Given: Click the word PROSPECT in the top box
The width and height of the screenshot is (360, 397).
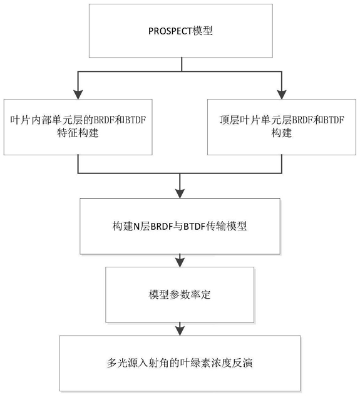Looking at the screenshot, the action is click(x=170, y=31).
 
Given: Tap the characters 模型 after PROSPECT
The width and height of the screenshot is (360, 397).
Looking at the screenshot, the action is click(x=202, y=31).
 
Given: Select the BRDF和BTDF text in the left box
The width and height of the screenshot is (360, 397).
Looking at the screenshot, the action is click(x=120, y=120).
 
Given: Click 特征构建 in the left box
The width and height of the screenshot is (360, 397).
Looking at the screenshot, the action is click(x=78, y=133).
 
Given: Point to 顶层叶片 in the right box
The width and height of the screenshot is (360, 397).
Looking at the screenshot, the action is click(x=240, y=120).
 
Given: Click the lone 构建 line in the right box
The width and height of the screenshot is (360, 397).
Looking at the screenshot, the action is click(x=282, y=133).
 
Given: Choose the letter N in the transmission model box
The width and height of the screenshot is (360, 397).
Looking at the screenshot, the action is click(x=136, y=226).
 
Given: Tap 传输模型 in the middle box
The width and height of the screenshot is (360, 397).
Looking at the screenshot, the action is click(x=226, y=226).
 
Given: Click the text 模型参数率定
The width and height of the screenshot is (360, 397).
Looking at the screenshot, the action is click(x=180, y=295).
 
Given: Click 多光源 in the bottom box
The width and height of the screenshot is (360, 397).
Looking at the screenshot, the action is click(x=122, y=363).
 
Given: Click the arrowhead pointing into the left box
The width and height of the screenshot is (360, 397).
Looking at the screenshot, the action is click(x=78, y=95).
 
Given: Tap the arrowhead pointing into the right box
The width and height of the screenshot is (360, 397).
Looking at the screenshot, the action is click(x=282, y=95).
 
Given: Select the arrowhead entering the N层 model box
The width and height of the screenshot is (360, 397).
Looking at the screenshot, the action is click(x=180, y=193).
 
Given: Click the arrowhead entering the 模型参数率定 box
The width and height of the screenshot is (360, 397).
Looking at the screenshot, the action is click(x=180, y=262).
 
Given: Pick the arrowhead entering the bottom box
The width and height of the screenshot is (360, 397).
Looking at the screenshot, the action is click(x=180, y=331).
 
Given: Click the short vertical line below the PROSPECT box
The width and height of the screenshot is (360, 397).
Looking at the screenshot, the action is click(x=182, y=64).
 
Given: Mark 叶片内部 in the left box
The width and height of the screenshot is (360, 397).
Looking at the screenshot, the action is click(x=31, y=120).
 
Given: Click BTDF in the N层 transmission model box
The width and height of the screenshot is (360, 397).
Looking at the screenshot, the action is click(x=194, y=226).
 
